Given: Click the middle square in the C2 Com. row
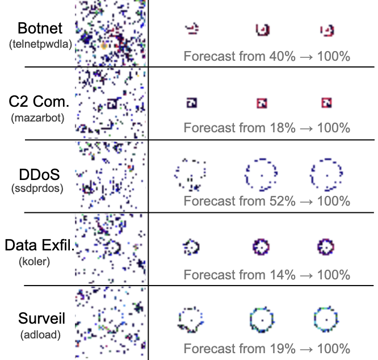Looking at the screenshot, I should (x=261, y=103).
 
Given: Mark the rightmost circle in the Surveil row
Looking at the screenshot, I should (x=326, y=320).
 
